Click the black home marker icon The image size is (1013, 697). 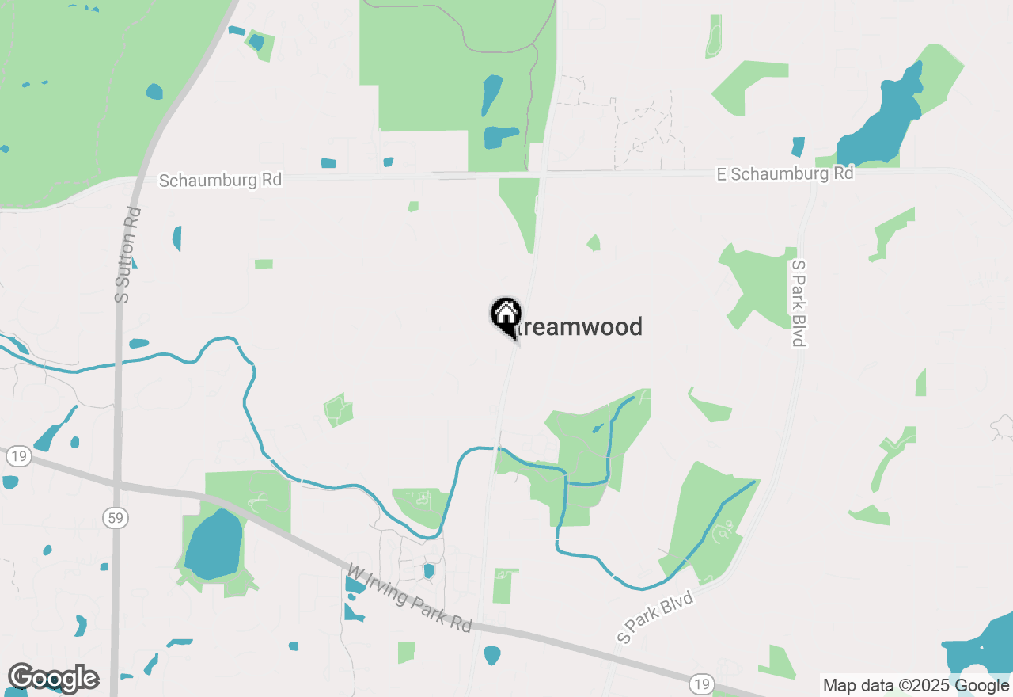coord(506,315)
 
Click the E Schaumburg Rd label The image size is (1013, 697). coord(785,173)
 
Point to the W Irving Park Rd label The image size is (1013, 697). coord(410,597)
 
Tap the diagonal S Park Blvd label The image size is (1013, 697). coord(655,617)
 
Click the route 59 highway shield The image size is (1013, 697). coord(116,518)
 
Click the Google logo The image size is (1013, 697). coord(53,678)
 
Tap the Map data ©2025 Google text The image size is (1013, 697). coord(914,685)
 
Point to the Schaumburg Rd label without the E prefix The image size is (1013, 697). coord(220,180)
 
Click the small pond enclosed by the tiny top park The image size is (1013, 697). coord(256,41)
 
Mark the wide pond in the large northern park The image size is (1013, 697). coord(501,137)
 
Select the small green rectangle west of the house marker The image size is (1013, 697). coord(264,264)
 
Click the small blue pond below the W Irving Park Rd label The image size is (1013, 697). coord(491,655)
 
